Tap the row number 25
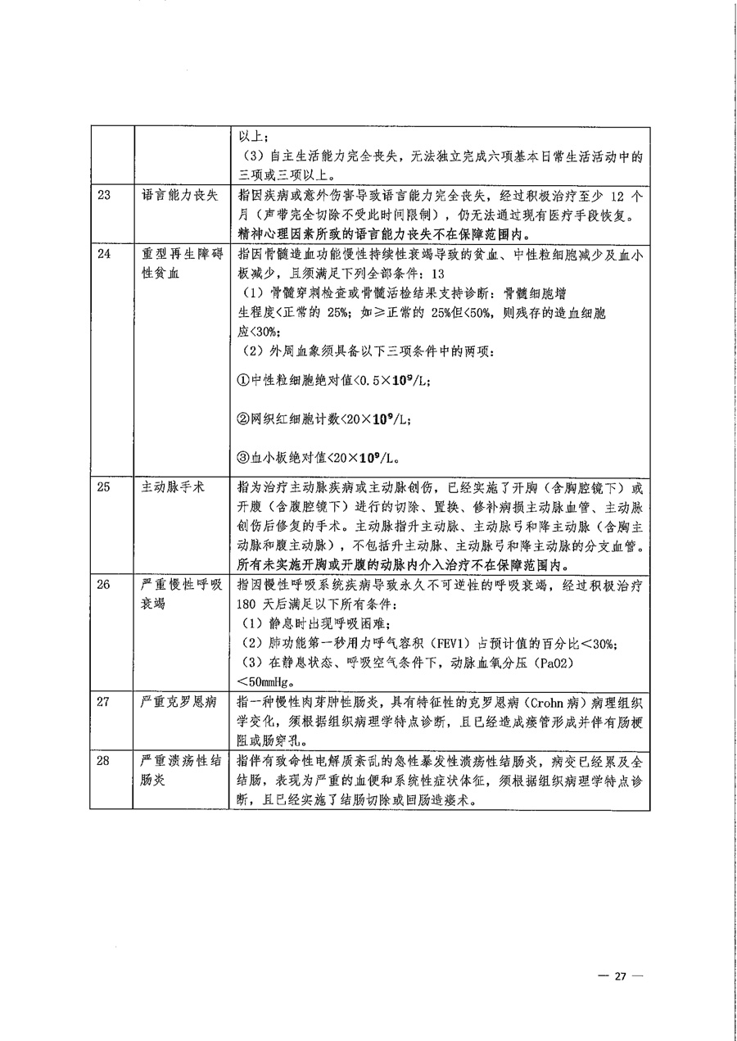103,487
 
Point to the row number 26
103,586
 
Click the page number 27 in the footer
620,976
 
